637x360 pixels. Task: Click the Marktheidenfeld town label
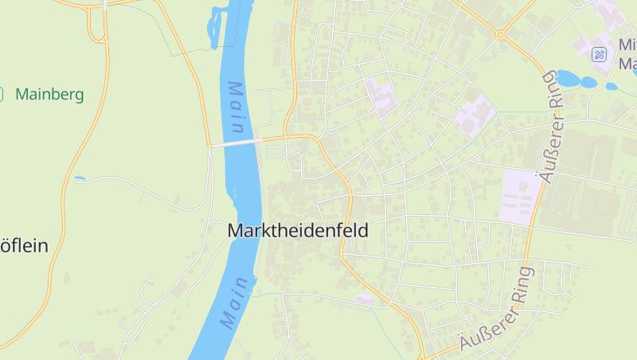pyautogui.click(x=298, y=231)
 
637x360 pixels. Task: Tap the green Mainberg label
pyautogui.click(x=49, y=95)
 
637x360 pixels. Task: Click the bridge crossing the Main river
pyautogui.click(x=236, y=143)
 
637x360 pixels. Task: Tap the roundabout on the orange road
pyautogui.click(x=500, y=34)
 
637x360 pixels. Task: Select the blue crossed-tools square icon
pyautogui.click(x=600, y=54)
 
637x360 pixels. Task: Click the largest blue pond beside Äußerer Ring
pyautogui.click(x=568, y=78)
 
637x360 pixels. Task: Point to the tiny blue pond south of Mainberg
pyautogui.click(x=79, y=178)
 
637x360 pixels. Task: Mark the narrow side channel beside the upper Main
pyautogui.click(x=213, y=28)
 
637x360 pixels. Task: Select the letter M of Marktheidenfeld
pyautogui.click(x=235, y=231)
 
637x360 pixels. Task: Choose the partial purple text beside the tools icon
pyautogui.click(x=627, y=54)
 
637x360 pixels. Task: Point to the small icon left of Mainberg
pyautogui.click(x=2, y=94)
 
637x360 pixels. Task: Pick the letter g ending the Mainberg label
pyautogui.click(x=79, y=96)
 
